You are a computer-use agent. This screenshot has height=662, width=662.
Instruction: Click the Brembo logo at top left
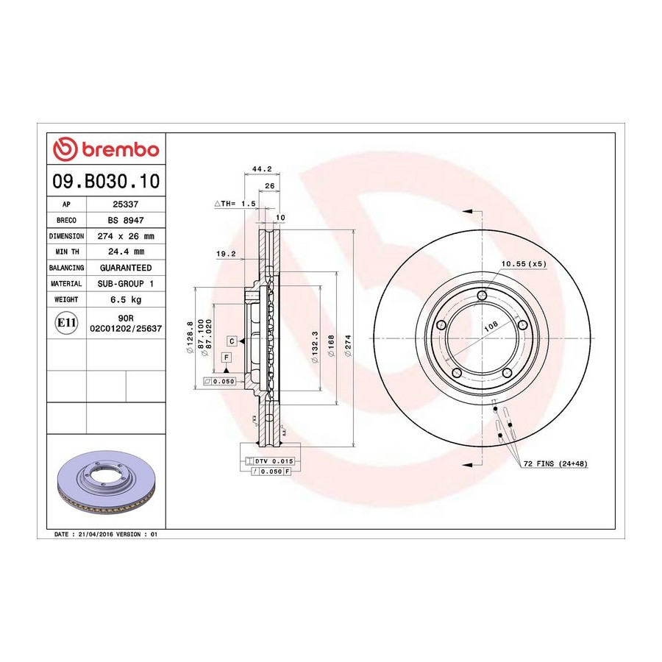click(x=106, y=149)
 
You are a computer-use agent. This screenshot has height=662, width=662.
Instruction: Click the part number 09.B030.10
click(x=106, y=181)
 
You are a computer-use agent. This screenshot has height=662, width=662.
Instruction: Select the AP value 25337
click(x=125, y=204)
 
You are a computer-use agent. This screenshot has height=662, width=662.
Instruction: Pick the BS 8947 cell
click(x=125, y=220)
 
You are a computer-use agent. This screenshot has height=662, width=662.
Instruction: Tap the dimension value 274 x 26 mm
click(x=126, y=236)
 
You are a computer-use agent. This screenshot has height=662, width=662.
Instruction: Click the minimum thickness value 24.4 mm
click(x=126, y=252)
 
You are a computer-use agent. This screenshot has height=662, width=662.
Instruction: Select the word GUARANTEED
click(x=126, y=268)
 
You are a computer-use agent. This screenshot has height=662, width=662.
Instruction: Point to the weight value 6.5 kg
click(x=126, y=300)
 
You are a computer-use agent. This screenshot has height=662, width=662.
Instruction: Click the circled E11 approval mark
click(x=66, y=323)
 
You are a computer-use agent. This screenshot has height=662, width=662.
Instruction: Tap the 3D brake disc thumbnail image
click(x=106, y=481)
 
